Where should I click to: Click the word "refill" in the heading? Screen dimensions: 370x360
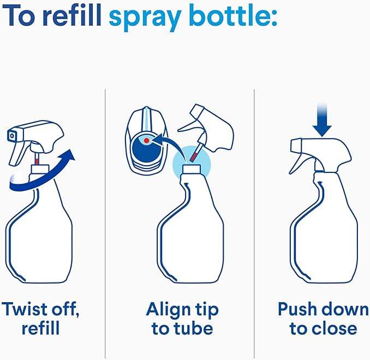point(73,16)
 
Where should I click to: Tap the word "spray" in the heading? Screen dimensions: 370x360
point(145,19)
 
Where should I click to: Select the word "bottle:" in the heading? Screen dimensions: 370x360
point(233,16)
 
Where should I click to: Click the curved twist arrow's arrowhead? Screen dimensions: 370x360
point(68,155)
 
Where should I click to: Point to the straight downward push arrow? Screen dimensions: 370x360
point(322,120)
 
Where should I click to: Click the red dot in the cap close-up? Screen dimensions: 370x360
point(147,141)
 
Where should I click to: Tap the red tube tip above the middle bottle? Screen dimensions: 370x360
point(194,157)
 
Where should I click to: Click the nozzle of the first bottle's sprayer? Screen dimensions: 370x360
point(11,135)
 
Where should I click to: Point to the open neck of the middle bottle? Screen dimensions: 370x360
point(192,170)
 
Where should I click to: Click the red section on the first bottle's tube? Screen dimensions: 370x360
point(37,162)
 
